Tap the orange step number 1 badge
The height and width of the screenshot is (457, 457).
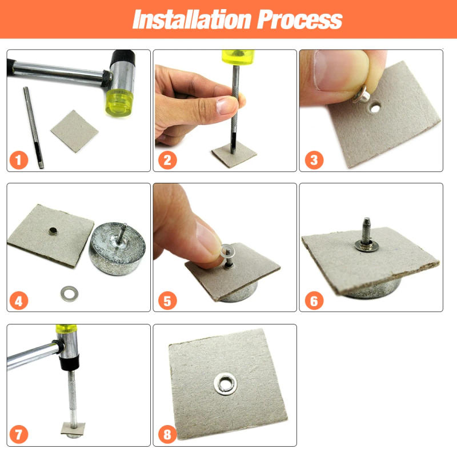click(19, 160)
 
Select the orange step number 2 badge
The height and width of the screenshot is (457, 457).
click(166, 160)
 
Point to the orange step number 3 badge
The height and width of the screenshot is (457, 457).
click(313, 160)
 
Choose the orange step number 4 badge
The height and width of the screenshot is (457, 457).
click(19, 300)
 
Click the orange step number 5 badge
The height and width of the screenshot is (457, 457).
click(166, 300)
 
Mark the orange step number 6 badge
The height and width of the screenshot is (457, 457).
click(313, 300)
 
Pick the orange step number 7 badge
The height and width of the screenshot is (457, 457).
click(19, 434)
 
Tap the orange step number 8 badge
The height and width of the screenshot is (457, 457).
click(166, 434)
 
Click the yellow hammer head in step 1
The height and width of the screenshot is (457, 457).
click(121, 100)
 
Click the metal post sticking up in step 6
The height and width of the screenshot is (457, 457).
click(364, 228)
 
